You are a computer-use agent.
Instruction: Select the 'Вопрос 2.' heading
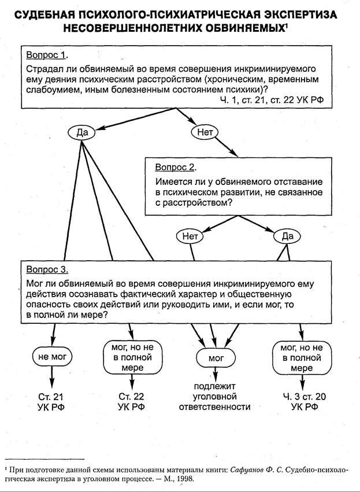176,167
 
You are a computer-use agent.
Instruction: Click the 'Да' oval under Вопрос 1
81,132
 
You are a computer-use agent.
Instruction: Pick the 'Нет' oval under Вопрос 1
205,132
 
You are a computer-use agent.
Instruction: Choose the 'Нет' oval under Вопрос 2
190,236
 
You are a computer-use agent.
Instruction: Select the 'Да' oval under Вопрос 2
288,236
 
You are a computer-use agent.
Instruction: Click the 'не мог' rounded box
52,357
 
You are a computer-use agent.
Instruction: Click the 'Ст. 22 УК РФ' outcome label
131,402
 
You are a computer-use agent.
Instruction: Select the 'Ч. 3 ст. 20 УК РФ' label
302,402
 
